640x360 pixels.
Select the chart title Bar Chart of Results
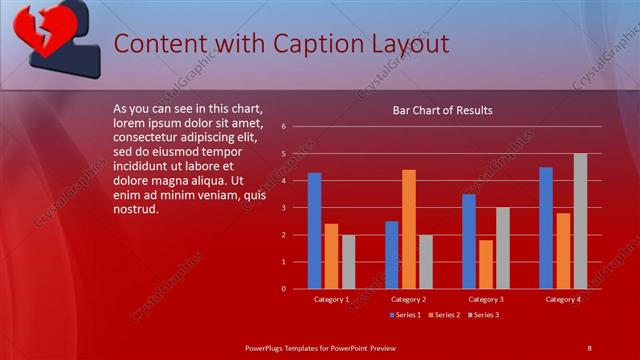(442, 110)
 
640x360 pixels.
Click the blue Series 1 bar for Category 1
(314, 230)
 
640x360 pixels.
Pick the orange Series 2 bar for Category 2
(409, 229)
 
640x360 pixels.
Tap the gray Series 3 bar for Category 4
(580, 221)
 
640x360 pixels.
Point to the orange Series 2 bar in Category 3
(486, 264)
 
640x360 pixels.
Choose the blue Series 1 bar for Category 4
(546, 228)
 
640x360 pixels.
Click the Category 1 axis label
(331, 299)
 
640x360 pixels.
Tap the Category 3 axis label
(486, 299)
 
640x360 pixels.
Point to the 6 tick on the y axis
(284, 127)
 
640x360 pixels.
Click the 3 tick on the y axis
(284, 208)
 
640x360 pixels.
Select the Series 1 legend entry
(404, 315)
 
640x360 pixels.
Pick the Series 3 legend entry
(482, 315)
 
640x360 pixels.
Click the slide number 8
(589, 347)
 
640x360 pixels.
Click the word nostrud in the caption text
(136, 210)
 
